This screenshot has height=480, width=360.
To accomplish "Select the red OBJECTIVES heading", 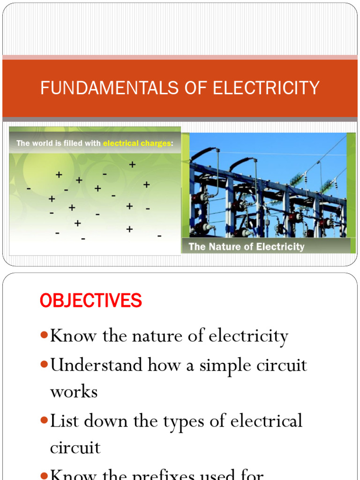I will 91,301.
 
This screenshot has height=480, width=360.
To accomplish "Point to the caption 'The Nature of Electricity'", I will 246,247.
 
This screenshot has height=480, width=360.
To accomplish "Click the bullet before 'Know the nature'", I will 44,336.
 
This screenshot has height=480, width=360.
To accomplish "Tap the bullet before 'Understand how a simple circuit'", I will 44,365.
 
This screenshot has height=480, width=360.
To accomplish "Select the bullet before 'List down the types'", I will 44,420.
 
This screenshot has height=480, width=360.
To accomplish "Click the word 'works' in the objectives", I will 74,392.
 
